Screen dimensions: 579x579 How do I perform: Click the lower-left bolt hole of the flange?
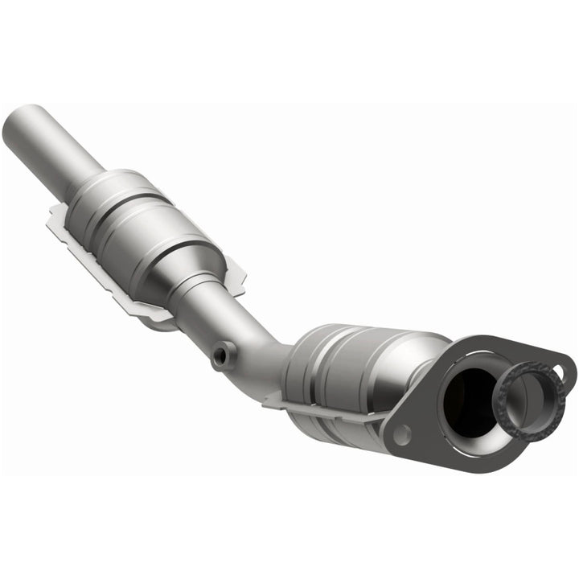point(402,435)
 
